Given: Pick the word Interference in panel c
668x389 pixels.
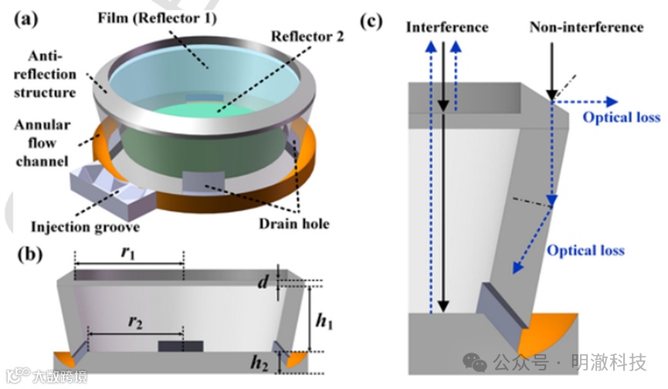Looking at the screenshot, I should point(447,27).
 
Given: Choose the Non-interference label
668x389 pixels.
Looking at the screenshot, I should point(586,27).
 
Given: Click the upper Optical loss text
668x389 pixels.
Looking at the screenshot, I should point(621,117).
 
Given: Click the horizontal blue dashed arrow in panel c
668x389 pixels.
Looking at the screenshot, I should point(587,100).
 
